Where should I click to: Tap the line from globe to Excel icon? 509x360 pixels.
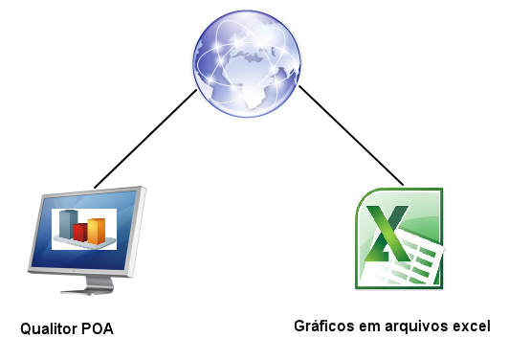pos(352,135)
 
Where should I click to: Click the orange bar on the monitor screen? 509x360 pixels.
pos(97,230)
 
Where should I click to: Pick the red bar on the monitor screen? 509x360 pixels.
pos(80,232)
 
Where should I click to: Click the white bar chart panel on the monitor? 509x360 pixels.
pos(83,228)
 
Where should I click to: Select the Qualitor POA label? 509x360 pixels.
pos(67,330)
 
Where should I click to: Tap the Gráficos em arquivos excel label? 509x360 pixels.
pos(391,325)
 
